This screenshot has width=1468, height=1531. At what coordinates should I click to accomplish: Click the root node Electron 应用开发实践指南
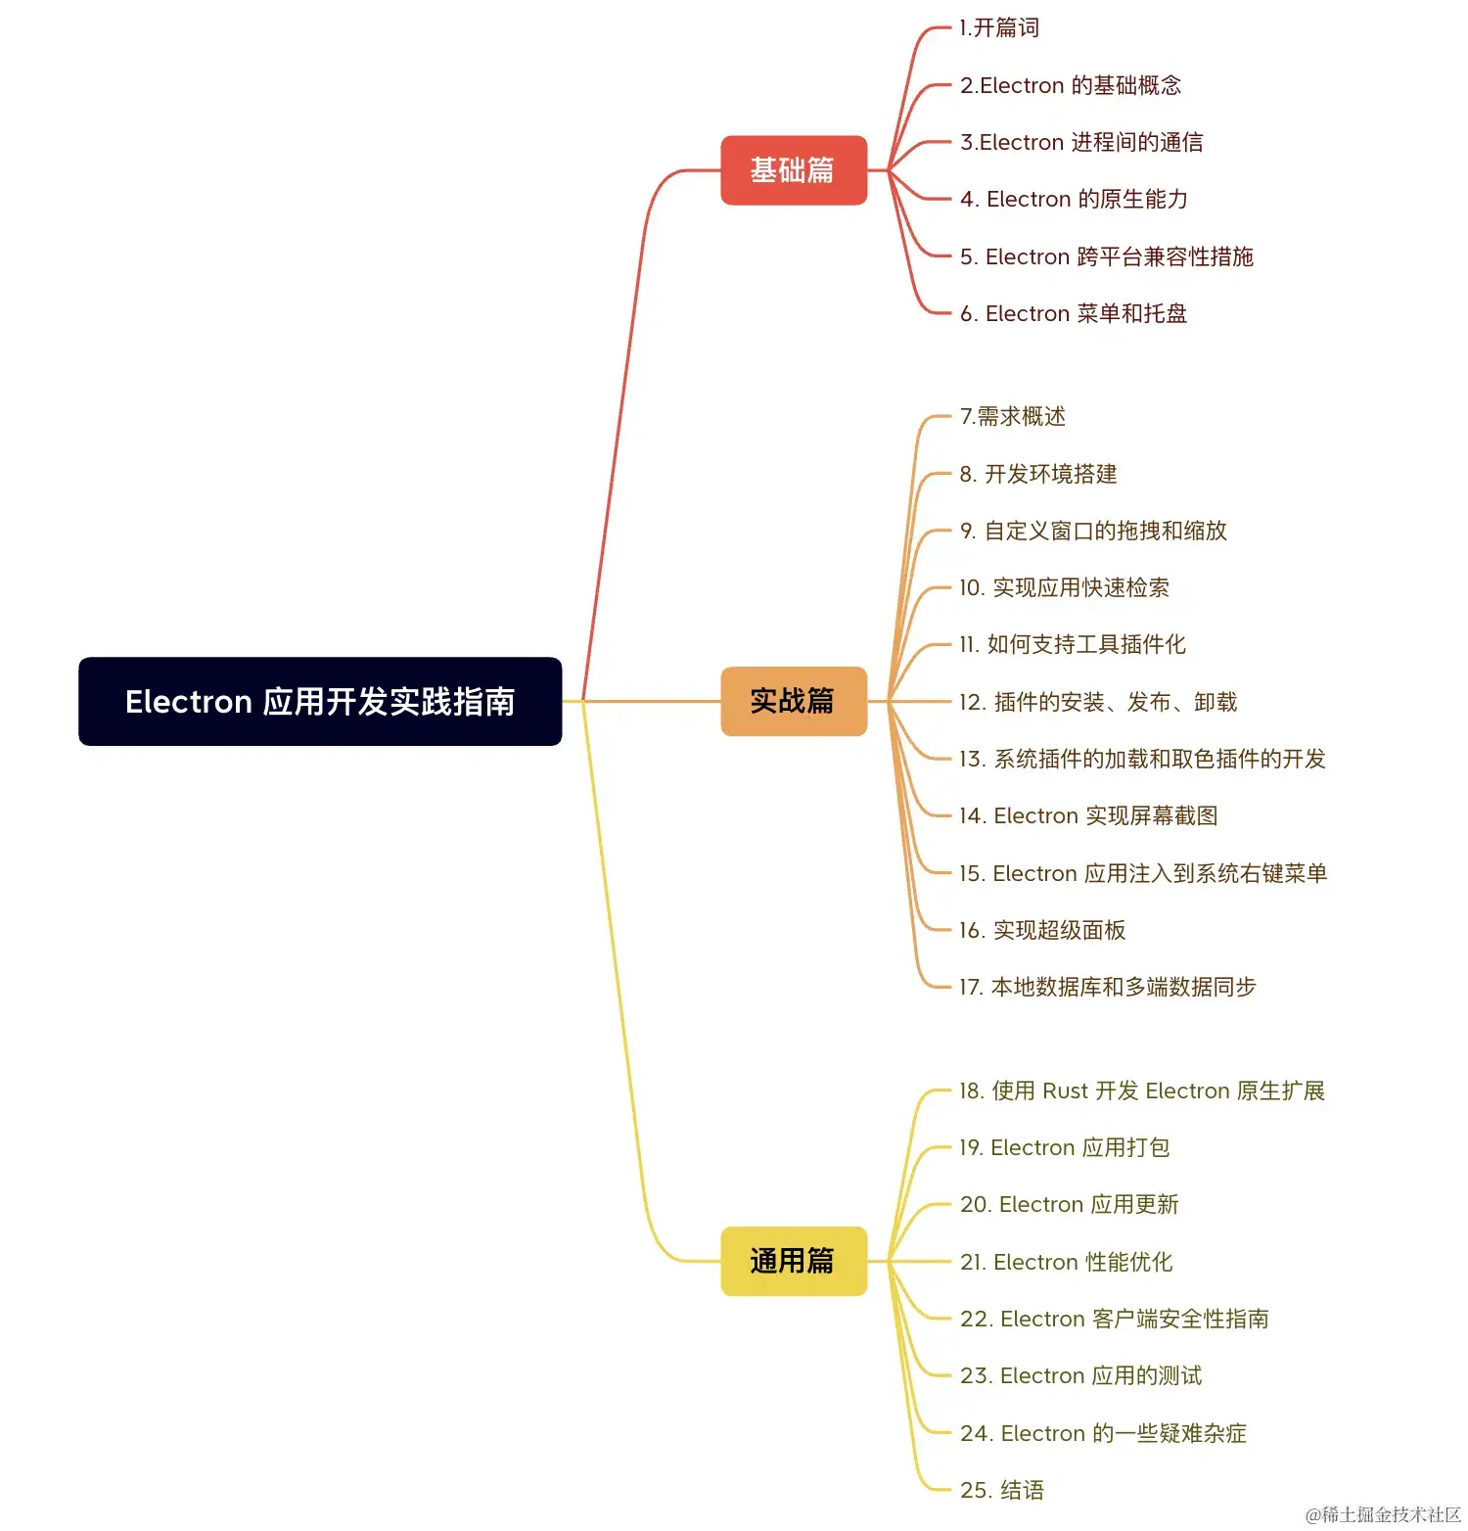coord(320,701)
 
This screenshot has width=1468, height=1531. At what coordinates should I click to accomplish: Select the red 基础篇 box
coord(794,170)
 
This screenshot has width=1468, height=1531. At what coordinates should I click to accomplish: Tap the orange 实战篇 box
coord(794,701)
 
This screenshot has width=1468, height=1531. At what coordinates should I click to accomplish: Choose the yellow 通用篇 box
coord(794,1261)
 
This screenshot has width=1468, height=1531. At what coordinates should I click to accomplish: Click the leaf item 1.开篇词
coord(999,27)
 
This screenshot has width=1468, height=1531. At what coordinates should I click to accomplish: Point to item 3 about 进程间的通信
coord(1081,142)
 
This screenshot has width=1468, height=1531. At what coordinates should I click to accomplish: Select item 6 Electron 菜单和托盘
coord(1074,313)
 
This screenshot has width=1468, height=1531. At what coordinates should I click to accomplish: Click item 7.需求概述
coord(1013,416)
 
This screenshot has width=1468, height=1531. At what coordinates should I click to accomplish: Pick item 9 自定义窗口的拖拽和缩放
coord(1093,531)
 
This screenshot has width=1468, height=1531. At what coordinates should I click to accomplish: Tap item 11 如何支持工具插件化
coord(1073,644)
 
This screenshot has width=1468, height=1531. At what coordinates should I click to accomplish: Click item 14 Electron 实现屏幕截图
coord(1088,815)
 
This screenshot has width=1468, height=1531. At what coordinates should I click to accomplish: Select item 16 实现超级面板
coord(1042,930)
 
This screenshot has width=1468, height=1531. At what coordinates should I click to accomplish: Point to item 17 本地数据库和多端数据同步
coord(1107,987)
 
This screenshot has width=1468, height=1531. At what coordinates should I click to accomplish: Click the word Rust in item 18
coord(1065,1090)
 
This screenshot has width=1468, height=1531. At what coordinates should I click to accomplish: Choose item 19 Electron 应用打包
coord(1065,1147)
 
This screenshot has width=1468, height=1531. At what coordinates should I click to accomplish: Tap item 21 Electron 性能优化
coord(1066,1262)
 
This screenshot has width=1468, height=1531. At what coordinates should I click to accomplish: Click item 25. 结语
coord(1002,1490)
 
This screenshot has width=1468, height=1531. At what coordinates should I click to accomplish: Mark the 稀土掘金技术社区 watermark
coord(1383,1514)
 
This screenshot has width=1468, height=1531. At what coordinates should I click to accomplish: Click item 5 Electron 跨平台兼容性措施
coord(1107,256)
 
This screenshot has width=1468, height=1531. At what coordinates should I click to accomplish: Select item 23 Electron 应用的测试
coord(1081,1375)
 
